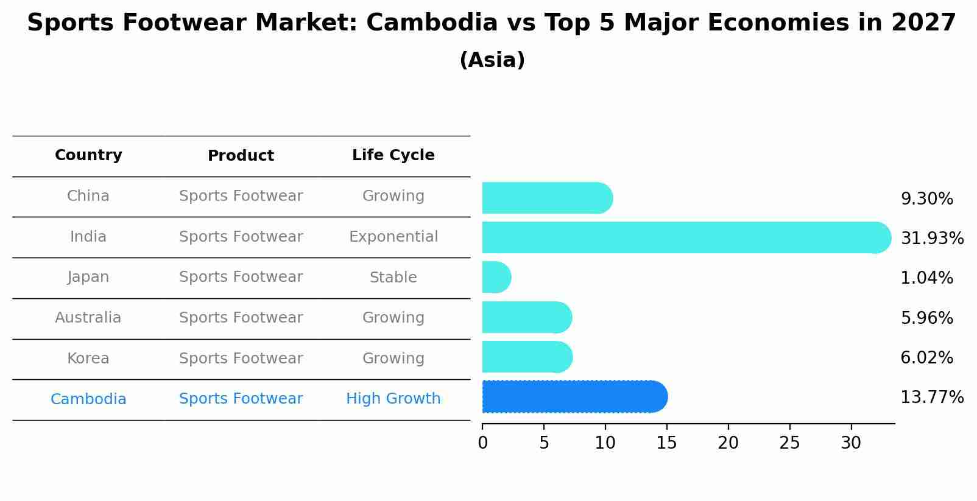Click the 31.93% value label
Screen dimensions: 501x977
(x=932, y=238)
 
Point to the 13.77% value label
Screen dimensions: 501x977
(x=932, y=398)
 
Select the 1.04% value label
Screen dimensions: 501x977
(x=926, y=278)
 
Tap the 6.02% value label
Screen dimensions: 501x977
(x=926, y=357)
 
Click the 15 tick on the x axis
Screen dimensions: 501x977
(x=666, y=443)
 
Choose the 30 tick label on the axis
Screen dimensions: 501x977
(x=851, y=443)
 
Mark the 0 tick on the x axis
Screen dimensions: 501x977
(x=483, y=443)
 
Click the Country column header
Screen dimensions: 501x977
(x=88, y=155)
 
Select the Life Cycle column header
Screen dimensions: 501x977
(x=393, y=155)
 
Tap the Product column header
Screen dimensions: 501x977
(x=241, y=156)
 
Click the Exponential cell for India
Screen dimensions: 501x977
(x=393, y=237)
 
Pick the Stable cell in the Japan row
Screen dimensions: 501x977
(x=393, y=278)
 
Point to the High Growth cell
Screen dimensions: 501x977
(x=393, y=399)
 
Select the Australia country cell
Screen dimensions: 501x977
(x=88, y=318)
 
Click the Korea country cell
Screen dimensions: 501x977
(x=88, y=359)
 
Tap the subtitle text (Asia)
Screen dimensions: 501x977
(x=492, y=60)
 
